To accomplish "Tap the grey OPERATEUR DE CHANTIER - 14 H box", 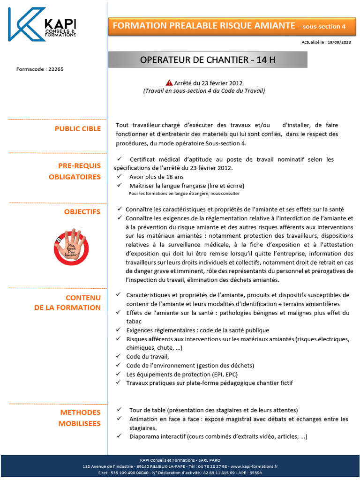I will pos(208,60).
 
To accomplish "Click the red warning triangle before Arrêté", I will pos(170,82).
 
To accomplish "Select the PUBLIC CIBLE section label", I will pos(77,129).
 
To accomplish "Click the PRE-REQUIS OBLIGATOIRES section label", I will pos(75,172).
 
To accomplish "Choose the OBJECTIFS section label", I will pos(82,212).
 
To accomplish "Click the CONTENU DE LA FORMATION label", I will pos(70,303).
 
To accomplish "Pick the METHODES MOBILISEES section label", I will pos(79,418).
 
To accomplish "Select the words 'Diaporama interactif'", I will pos(157,436).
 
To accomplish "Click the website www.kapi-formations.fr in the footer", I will pos(254,467).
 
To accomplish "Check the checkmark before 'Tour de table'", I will pos(120,410).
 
